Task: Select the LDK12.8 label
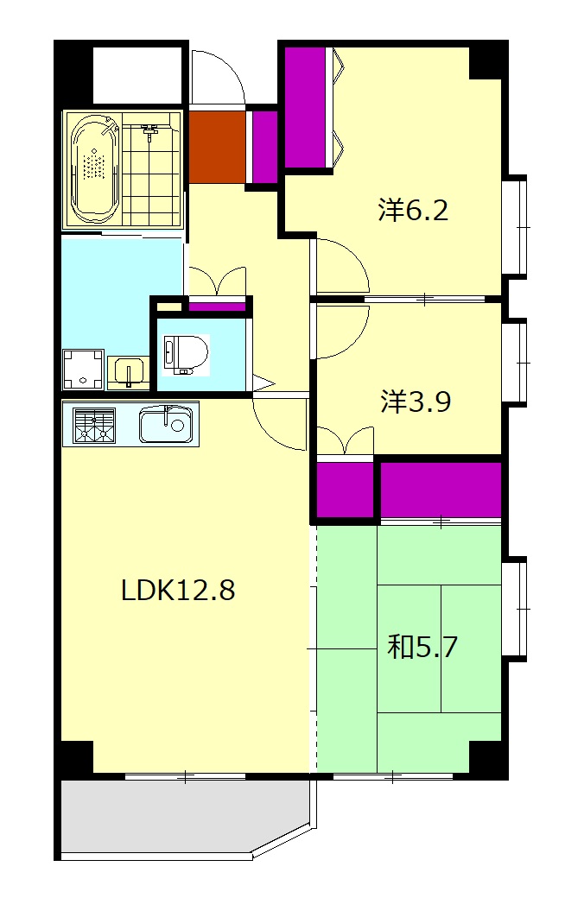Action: (x=178, y=590)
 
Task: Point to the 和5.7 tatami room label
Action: (x=422, y=647)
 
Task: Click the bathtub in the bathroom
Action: (x=95, y=170)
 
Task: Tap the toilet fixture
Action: (x=185, y=355)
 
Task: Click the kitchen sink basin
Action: (x=166, y=424)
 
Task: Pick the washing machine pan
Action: (x=83, y=370)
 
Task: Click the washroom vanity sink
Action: (x=129, y=372)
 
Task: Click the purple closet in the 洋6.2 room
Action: (x=308, y=107)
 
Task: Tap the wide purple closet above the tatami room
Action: (x=441, y=489)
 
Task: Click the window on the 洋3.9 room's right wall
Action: (x=518, y=362)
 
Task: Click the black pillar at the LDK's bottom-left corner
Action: (x=75, y=759)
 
